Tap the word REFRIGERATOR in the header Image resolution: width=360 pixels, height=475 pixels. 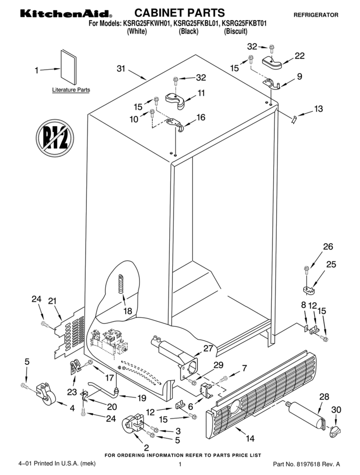point(316,15)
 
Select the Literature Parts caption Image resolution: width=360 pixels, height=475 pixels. point(71,90)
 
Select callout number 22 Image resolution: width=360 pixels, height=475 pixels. point(299,56)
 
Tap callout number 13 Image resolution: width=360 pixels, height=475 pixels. point(318,109)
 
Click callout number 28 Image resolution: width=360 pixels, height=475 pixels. point(324,396)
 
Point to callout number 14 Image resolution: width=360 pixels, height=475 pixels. point(250,438)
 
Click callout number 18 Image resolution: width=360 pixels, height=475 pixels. point(128,311)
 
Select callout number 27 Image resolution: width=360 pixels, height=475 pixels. point(208,348)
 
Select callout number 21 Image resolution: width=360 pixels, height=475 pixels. point(52,301)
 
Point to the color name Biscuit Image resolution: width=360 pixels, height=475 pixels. point(236,32)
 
